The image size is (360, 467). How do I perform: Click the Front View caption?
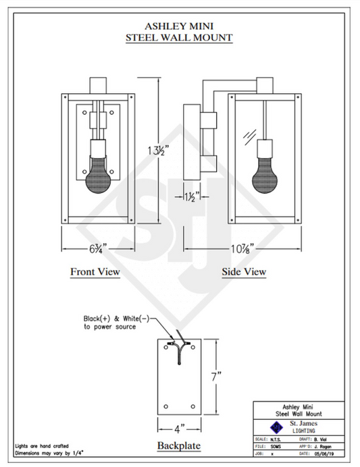[95, 272]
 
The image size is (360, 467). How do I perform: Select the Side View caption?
[244, 272]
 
